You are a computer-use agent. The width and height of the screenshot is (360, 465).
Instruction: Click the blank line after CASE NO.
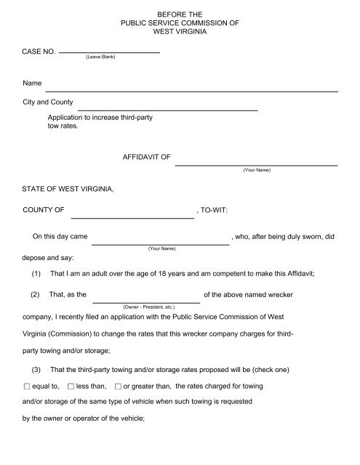[108, 52]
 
